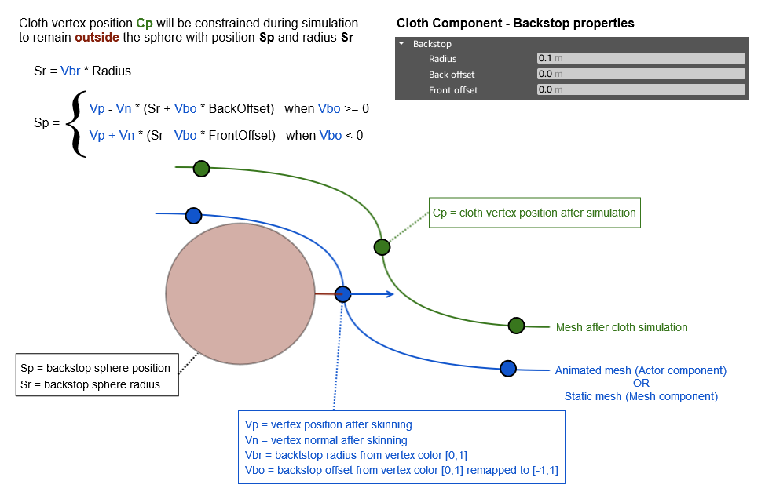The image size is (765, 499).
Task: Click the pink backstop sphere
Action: coord(240,293)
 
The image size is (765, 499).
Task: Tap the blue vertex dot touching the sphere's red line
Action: coord(342,294)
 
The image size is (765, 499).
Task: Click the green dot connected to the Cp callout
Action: coord(382,247)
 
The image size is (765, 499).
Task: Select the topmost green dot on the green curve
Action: coord(201,168)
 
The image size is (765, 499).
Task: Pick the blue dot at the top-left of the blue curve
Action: coord(193,215)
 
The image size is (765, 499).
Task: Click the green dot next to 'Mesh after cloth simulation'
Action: coord(516,326)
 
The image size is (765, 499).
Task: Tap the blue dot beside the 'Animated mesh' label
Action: coord(508,368)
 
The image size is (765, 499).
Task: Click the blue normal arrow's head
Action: coord(390,294)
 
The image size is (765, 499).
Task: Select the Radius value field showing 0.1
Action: coord(640,58)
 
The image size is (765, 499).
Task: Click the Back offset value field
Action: coord(640,74)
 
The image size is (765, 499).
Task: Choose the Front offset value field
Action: coord(640,89)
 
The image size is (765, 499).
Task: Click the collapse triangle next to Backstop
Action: coord(402,44)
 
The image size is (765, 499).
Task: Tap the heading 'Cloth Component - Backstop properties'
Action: coord(515,24)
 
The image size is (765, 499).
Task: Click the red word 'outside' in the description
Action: coord(97,37)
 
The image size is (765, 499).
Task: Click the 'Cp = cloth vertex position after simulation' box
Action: coord(534,213)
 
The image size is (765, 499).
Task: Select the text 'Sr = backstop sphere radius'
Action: coord(90,384)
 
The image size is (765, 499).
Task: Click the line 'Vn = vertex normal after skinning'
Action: coord(326,440)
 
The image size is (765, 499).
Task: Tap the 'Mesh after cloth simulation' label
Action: coord(621,327)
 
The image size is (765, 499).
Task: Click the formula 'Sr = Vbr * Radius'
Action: coord(82,71)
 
